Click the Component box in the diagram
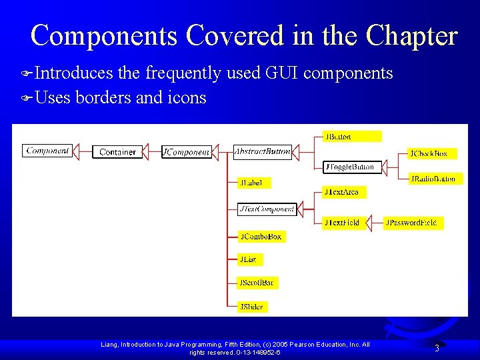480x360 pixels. [47, 151]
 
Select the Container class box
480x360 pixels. [117, 152]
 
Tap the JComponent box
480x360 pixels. [186, 152]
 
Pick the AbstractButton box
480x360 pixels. [262, 152]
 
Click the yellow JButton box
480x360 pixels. [352, 137]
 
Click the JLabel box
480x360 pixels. [254, 183]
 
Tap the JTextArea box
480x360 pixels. [344, 192]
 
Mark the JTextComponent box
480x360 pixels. [267, 209]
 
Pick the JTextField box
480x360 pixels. [344, 223]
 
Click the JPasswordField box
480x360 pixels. [413, 223]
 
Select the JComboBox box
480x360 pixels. [261, 237]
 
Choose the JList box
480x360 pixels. [249, 259]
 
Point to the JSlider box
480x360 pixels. [252, 307]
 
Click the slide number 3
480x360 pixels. [437, 348]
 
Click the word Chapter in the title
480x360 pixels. [413, 36]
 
